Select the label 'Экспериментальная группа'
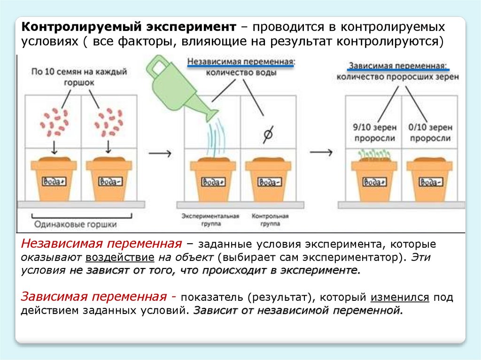click(x=211, y=220)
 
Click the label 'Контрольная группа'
click(x=270, y=220)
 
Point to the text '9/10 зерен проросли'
click(x=373, y=133)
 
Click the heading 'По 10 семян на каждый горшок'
click(x=79, y=77)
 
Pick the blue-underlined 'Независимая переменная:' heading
click(x=240, y=61)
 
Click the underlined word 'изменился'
click(x=400, y=298)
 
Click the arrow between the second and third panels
click(x=321, y=153)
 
